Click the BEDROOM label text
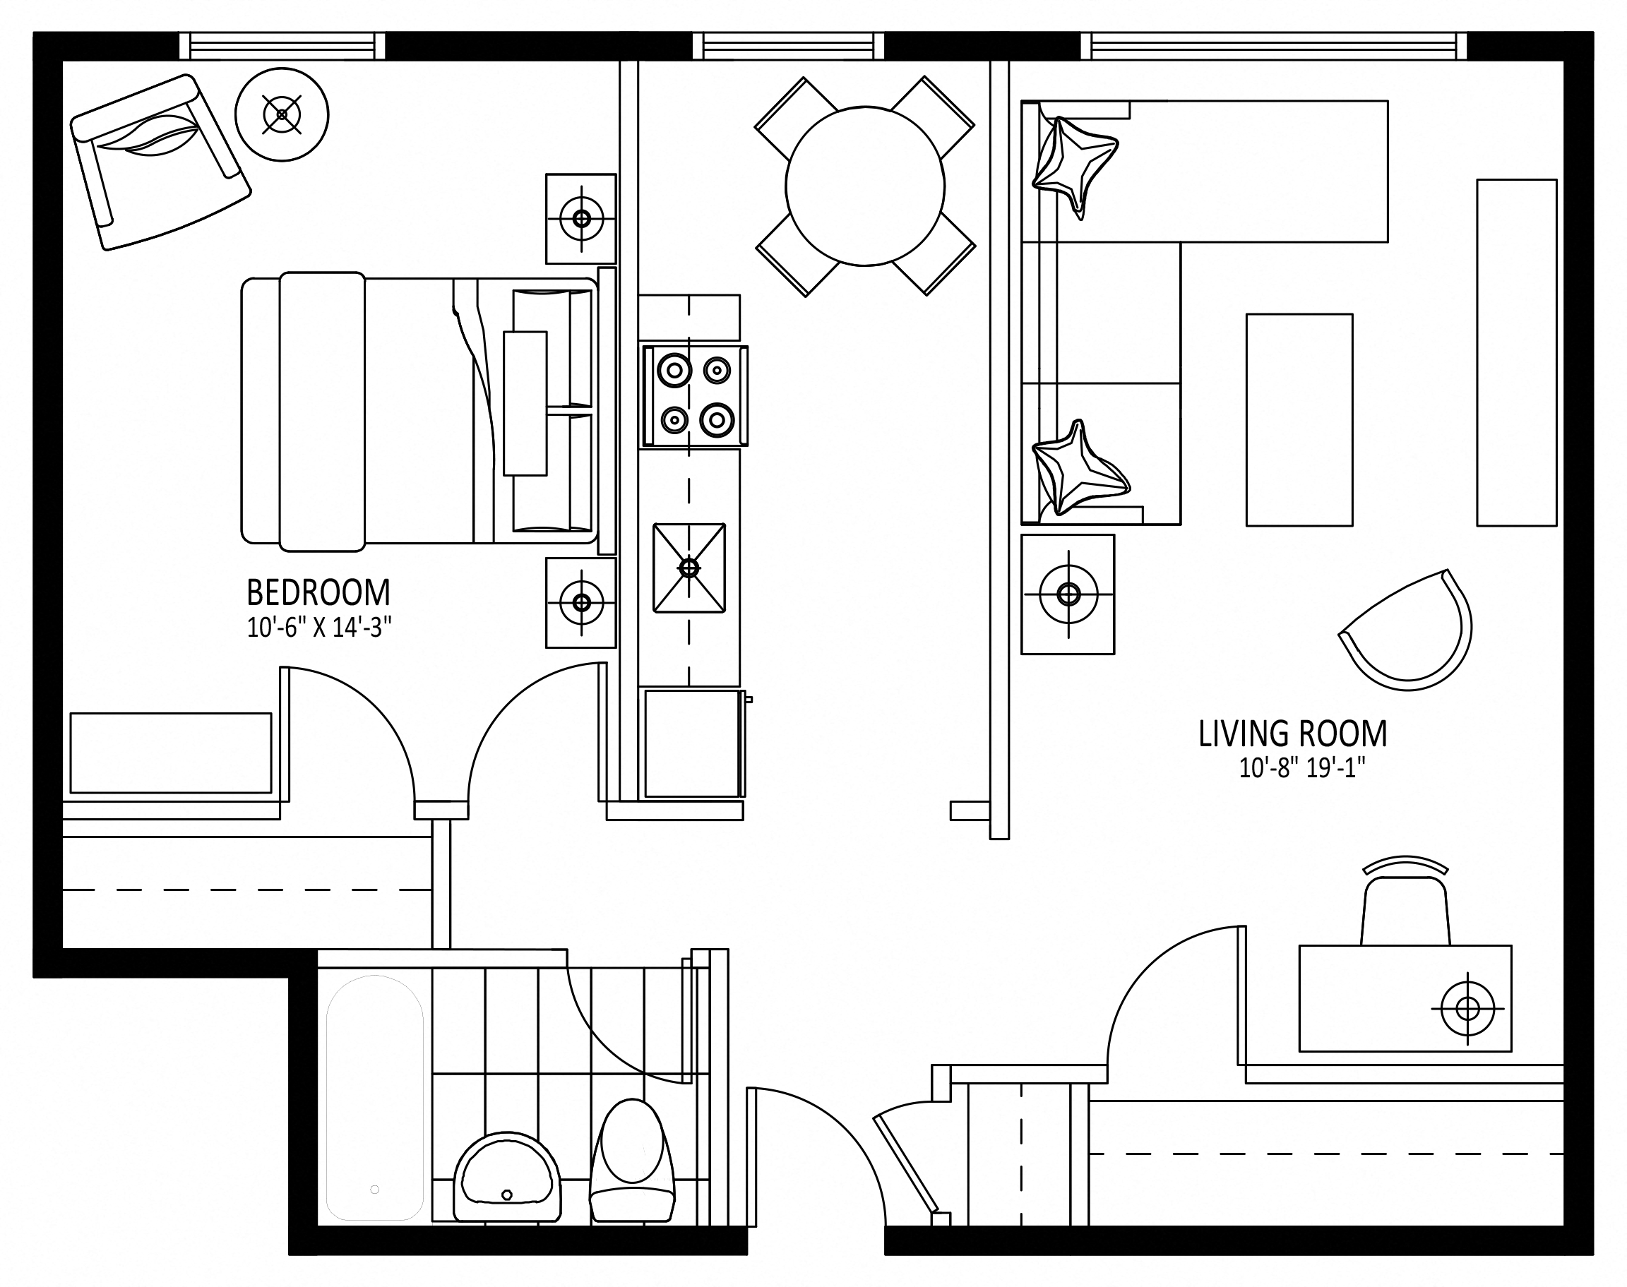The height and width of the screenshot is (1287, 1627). coord(318,593)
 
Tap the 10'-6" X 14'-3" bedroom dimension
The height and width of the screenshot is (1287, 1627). coord(319,628)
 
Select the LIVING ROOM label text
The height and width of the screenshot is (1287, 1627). coord(1292,735)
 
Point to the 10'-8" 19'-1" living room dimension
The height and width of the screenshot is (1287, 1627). coord(1302,769)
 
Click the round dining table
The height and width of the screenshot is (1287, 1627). coord(864,186)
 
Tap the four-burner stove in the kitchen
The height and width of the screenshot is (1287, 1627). coord(695,395)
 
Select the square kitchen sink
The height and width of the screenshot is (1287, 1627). coord(689,568)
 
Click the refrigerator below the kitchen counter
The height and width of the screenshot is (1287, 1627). coord(692,743)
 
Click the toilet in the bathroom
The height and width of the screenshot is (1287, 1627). coord(631,1160)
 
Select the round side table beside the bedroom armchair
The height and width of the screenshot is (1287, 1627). coord(282,114)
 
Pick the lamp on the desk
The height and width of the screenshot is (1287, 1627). coord(1467,1008)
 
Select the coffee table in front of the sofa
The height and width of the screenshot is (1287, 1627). coord(1299,420)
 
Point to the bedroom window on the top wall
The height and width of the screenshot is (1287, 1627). coord(282,47)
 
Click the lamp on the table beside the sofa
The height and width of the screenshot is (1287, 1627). coord(1068,594)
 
